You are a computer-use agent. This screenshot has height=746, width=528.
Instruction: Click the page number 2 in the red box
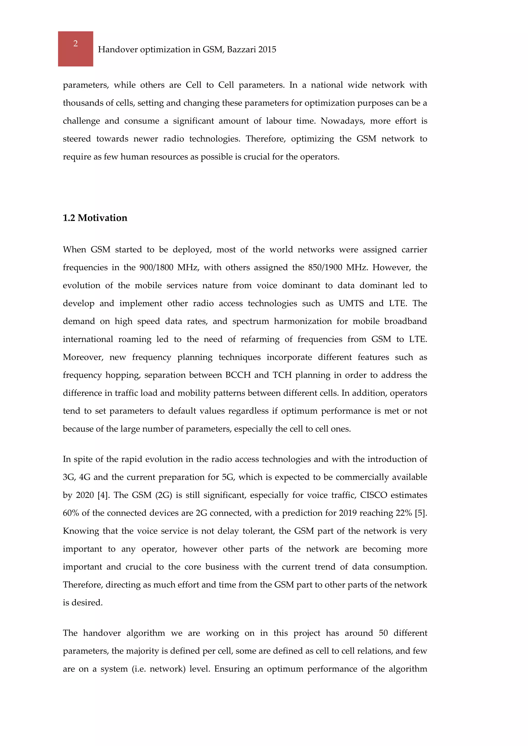pyautogui.click(x=76, y=44)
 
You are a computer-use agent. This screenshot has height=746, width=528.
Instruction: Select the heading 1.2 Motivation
pyautogui.click(x=95, y=218)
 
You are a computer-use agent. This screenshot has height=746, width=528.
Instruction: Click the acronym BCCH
pyautogui.click(x=238, y=375)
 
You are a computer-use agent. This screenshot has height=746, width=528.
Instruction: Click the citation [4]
pyautogui.click(x=103, y=495)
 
